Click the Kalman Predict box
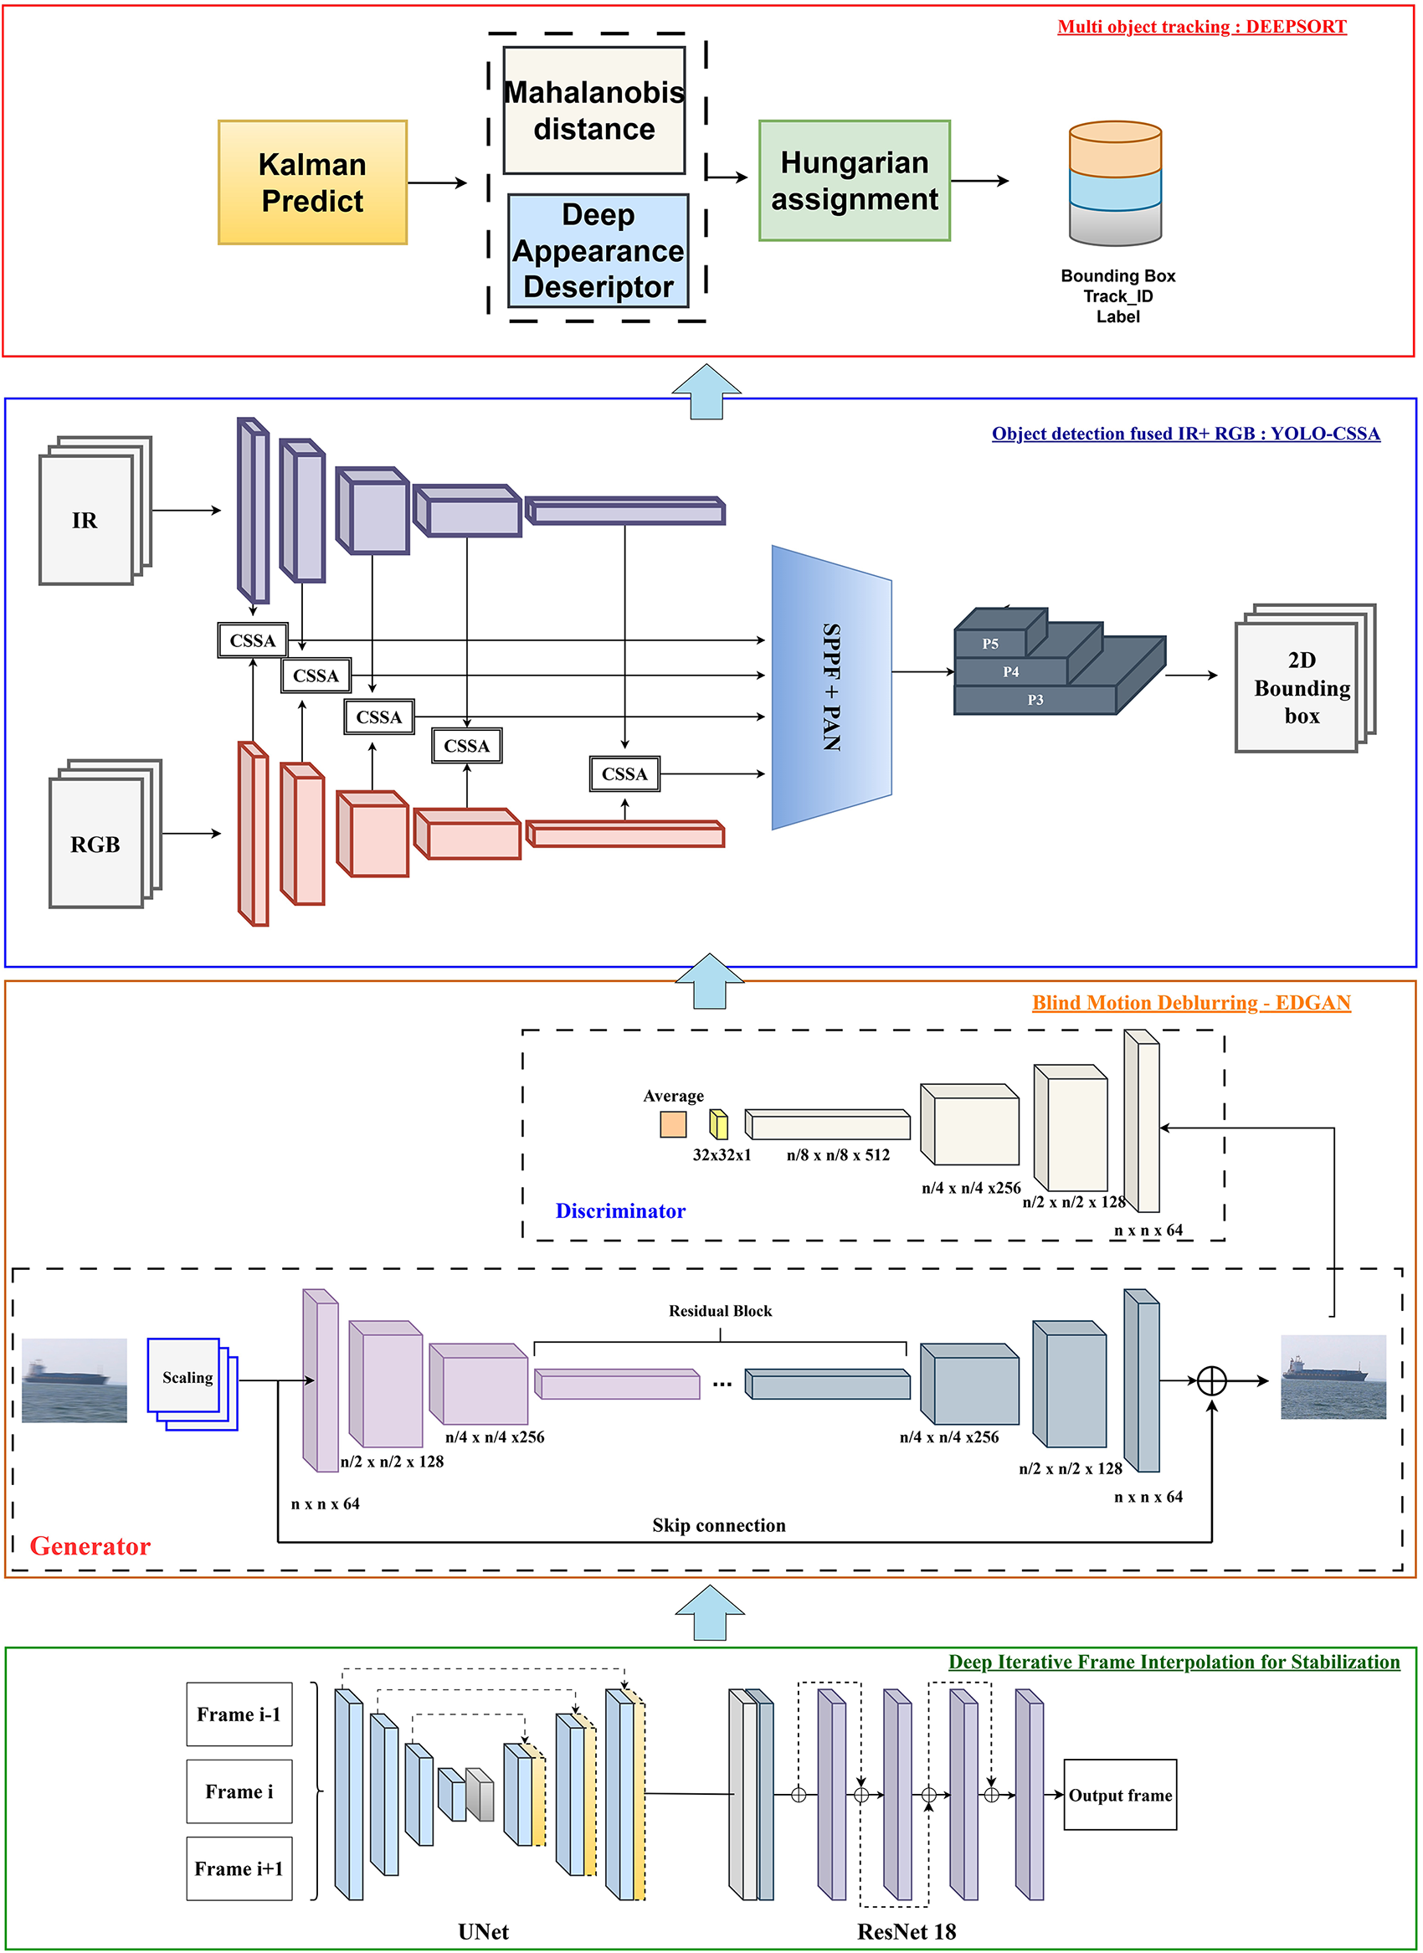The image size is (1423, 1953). point(312,182)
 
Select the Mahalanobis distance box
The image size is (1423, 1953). point(593,110)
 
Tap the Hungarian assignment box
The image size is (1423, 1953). point(854,181)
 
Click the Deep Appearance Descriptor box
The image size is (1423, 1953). point(598,250)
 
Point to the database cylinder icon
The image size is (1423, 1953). point(1115,182)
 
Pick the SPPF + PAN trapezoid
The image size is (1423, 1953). point(831,686)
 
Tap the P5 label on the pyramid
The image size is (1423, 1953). point(989,644)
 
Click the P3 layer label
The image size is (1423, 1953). point(1035,700)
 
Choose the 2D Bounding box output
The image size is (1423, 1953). point(1300,686)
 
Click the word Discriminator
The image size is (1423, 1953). point(620,1210)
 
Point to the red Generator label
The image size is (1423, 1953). point(90,1545)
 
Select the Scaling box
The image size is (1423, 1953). point(187,1378)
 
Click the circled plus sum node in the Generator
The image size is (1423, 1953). point(1211,1380)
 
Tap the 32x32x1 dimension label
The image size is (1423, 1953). point(721,1154)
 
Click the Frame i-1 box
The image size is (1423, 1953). point(239,1714)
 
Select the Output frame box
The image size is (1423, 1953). point(1120,1795)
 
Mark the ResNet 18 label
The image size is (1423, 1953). point(907,1930)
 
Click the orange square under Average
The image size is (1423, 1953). point(673,1123)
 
